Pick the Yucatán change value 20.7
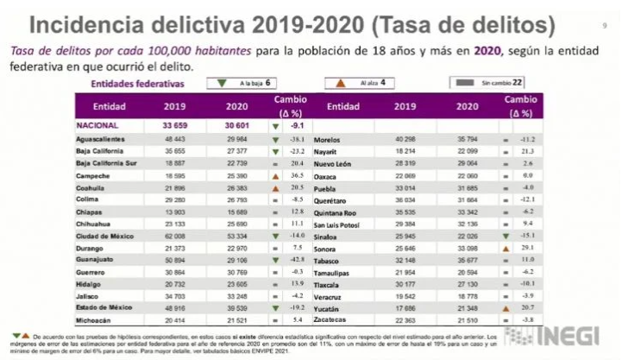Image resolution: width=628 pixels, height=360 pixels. click(524, 306)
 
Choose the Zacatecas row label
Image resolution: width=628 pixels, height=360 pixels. click(347, 319)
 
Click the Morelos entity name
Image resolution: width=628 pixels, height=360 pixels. click(343, 138)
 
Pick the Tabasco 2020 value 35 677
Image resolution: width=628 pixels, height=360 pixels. click(467, 258)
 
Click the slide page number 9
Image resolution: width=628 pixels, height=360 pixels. click(605, 24)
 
